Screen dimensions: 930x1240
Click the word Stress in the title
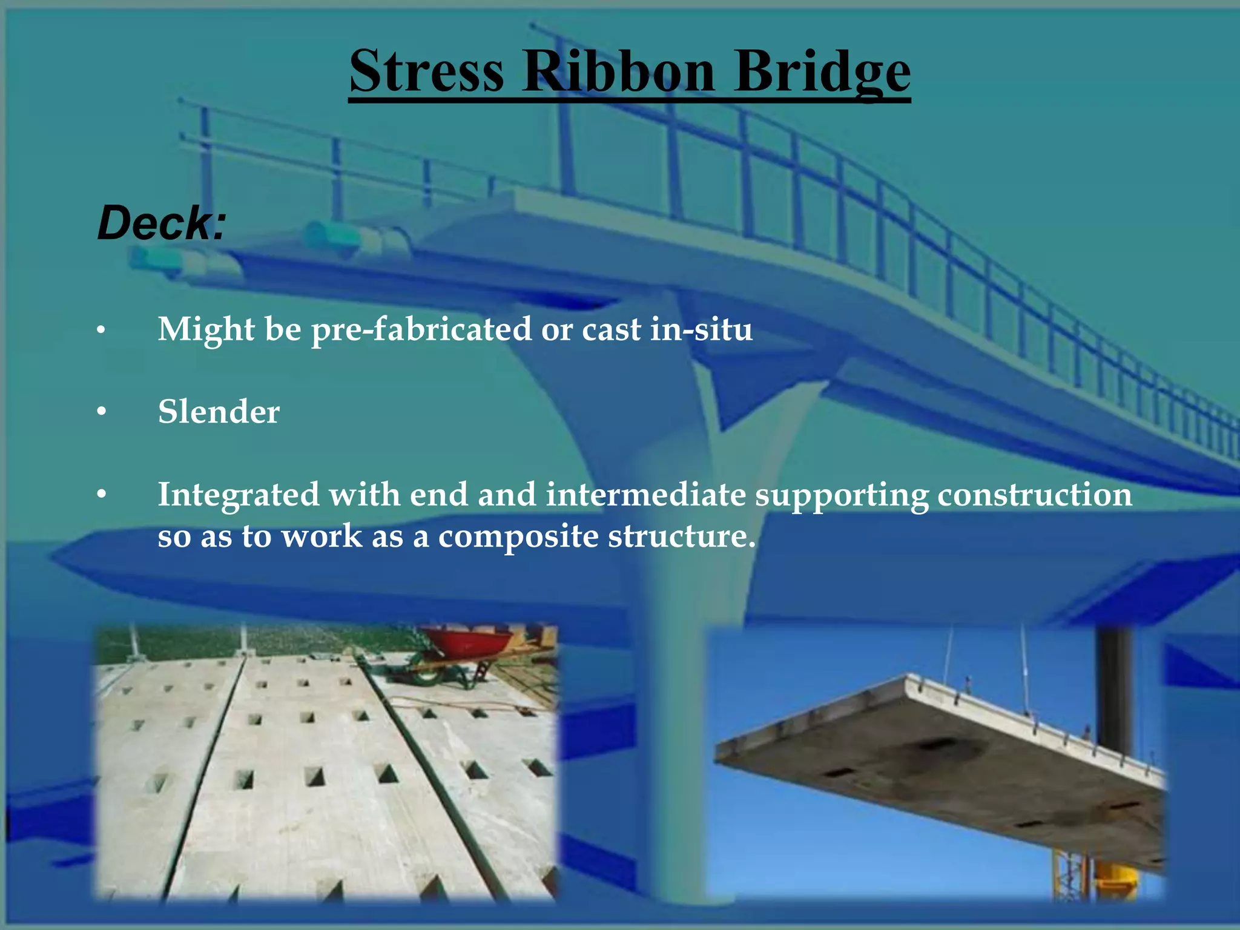(426, 71)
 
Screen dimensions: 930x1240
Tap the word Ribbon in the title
(618, 71)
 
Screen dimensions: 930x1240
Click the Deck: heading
(162, 223)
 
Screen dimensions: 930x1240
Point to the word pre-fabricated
(421, 330)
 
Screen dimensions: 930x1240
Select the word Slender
(219, 412)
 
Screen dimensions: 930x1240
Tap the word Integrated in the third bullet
(238, 495)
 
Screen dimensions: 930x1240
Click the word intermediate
(645, 494)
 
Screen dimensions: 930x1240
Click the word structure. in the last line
(682, 536)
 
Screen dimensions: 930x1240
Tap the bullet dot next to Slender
(102, 412)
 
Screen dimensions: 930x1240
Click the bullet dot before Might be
(102, 330)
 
